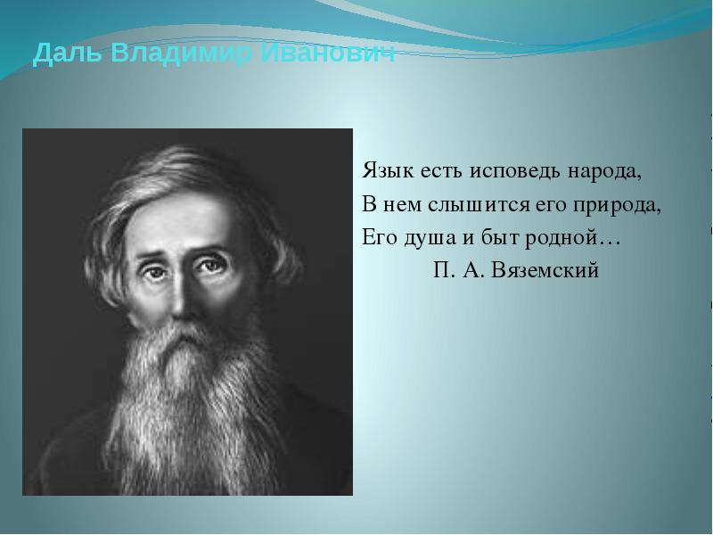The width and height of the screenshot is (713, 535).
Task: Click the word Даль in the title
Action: [68, 53]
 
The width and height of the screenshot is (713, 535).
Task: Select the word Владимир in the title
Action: [182, 53]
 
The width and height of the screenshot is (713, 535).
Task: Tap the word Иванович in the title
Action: [329, 53]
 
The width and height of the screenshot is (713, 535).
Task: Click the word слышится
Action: [479, 206]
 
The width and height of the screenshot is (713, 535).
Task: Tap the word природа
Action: [617, 206]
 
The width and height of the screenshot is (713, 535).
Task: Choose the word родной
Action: [561, 238]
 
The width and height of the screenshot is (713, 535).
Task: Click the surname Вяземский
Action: [545, 271]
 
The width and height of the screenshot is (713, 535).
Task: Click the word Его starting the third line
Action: [380, 237]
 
